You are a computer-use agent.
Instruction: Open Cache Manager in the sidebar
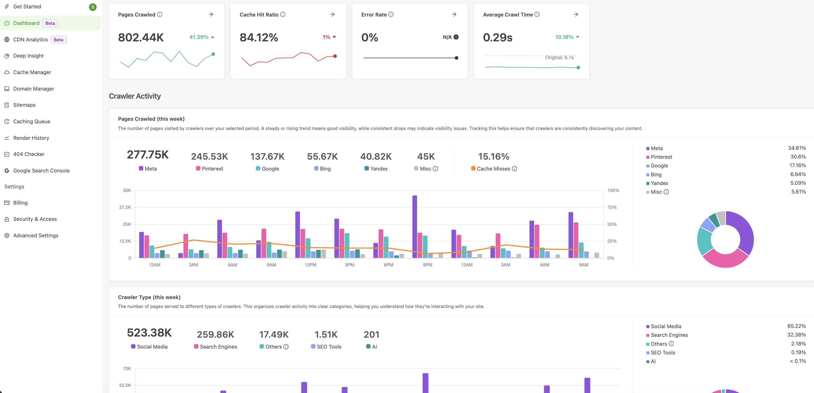coord(32,72)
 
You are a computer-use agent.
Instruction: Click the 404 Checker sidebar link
coord(29,154)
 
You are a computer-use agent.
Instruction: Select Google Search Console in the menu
coord(41,171)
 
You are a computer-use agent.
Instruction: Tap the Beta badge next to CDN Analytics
coord(59,39)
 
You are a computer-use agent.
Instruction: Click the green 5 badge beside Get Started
coord(93,7)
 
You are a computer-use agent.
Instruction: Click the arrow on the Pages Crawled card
coord(211,15)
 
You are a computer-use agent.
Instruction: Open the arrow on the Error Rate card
coord(454,15)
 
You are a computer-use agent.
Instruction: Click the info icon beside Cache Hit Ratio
coord(283,15)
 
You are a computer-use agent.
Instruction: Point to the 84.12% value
coord(259,37)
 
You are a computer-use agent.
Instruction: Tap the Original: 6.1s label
coord(559,58)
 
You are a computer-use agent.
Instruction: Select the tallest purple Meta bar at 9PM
coord(415,227)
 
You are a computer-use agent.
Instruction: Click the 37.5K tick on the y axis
coord(125,207)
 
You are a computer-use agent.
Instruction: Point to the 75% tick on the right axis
coord(612,207)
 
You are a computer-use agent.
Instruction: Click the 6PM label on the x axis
coord(388,265)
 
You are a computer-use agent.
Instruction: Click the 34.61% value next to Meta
coord(797,148)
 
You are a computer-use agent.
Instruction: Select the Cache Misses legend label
coord(493,169)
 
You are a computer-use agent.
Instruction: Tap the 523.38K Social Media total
coord(149,333)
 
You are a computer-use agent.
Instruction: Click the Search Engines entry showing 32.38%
coord(669,335)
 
